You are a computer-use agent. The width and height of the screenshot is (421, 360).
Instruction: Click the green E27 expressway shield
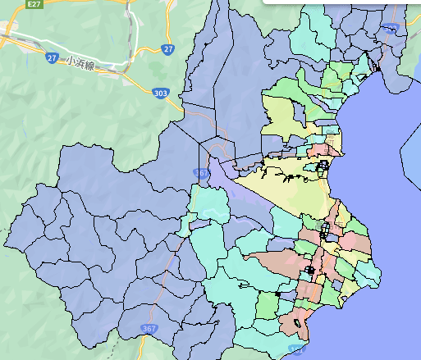click(x=34, y=4)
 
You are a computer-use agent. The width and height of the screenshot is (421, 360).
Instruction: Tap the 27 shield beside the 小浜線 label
click(x=52, y=58)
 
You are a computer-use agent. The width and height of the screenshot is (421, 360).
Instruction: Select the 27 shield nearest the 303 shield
click(x=168, y=49)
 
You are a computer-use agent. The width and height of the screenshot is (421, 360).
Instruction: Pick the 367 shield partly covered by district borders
click(x=203, y=173)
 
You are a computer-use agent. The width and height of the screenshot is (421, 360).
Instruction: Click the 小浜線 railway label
click(x=82, y=63)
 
